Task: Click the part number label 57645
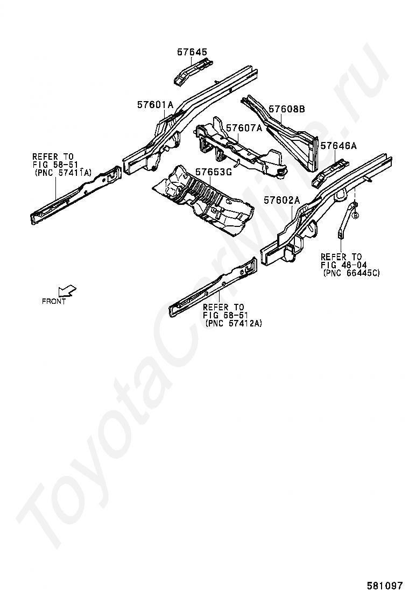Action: click(192, 52)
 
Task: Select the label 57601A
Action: click(155, 105)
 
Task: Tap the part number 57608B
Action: click(287, 109)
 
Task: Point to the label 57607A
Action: click(244, 128)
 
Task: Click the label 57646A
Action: click(339, 146)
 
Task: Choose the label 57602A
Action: click(281, 200)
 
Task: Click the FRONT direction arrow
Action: click(67, 291)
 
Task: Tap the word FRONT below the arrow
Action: click(54, 302)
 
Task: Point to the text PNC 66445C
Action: click(351, 273)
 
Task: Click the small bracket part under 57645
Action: click(191, 71)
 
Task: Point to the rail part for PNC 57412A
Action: click(213, 288)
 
